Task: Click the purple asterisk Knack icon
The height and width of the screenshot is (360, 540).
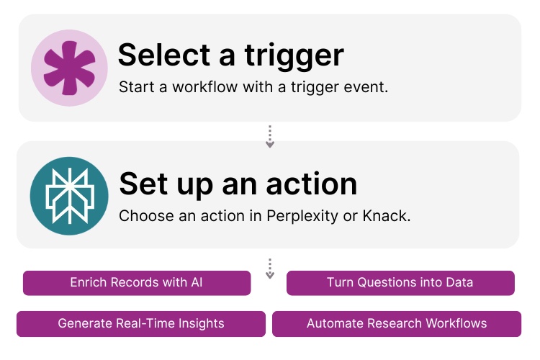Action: pos(69,68)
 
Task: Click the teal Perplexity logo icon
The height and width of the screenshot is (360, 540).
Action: pos(68,194)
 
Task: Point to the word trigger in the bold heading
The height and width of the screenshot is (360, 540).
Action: pos(297,54)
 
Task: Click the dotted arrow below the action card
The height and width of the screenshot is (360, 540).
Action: pos(270,269)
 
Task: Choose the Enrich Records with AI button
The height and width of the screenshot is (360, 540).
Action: pos(137,283)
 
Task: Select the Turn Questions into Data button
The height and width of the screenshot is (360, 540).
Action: pos(400,283)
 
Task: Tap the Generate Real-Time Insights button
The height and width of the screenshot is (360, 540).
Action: pos(141,323)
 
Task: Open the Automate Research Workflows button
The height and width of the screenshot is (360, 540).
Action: pos(397,323)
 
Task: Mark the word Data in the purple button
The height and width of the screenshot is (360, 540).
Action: pos(459,283)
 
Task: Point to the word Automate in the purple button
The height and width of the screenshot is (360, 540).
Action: pos(334,323)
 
